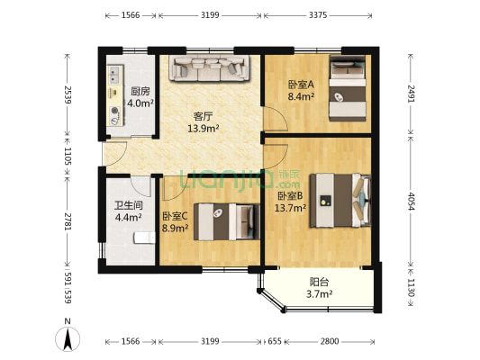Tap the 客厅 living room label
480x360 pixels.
pyautogui.click(x=203, y=115)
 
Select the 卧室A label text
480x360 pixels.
pyautogui.click(x=300, y=85)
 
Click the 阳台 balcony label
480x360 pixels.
pyautogui.click(x=320, y=280)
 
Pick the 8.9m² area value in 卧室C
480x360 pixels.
pyautogui.click(x=175, y=228)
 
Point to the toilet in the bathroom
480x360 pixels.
pyautogui.click(x=142, y=237)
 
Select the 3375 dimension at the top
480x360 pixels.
pyautogui.click(x=318, y=15)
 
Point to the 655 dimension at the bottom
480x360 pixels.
pyautogui.click(x=275, y=342)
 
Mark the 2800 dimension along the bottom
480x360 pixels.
pyautogui.click(x=330, y=342)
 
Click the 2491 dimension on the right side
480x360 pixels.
pyautogui.click(x=411, y=94)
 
